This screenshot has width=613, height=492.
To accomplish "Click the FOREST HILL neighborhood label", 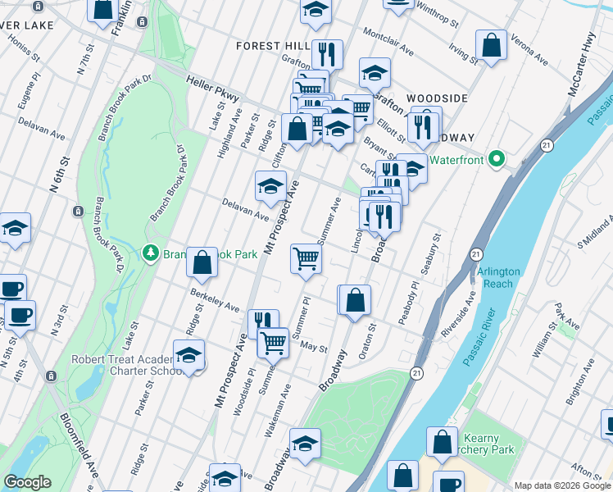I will (x=270, y=46).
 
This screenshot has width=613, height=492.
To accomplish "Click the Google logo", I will (x=27, y=482).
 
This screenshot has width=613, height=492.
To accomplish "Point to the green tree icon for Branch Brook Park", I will (x=150, y=253).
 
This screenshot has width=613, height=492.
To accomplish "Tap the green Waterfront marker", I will (x=495, y=158).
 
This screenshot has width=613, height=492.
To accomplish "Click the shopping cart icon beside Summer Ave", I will (x=306, y=258).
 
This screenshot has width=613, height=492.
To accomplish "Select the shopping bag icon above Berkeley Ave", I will (x=202, y=262).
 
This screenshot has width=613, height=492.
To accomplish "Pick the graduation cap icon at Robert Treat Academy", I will (x=189, y=357).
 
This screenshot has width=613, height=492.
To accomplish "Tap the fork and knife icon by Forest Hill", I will (x=327, y=53).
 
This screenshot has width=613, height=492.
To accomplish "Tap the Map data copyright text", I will (x=562, y=485).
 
